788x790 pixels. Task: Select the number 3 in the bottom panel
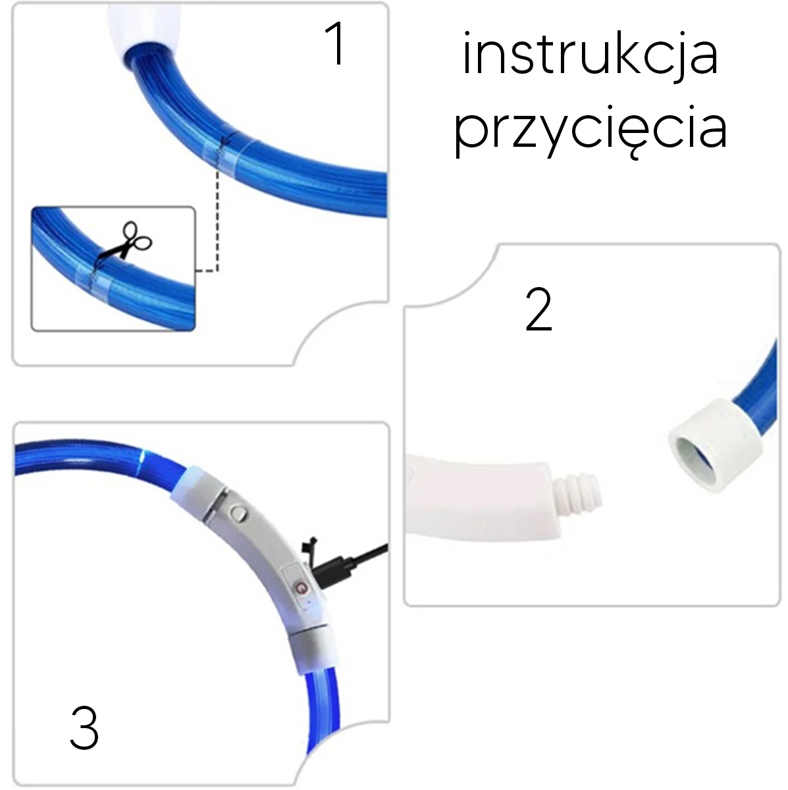pos(84,727)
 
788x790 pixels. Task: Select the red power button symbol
pos(302,587)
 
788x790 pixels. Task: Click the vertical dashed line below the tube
pos(218,221)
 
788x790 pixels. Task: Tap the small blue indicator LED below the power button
pos(308,604)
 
